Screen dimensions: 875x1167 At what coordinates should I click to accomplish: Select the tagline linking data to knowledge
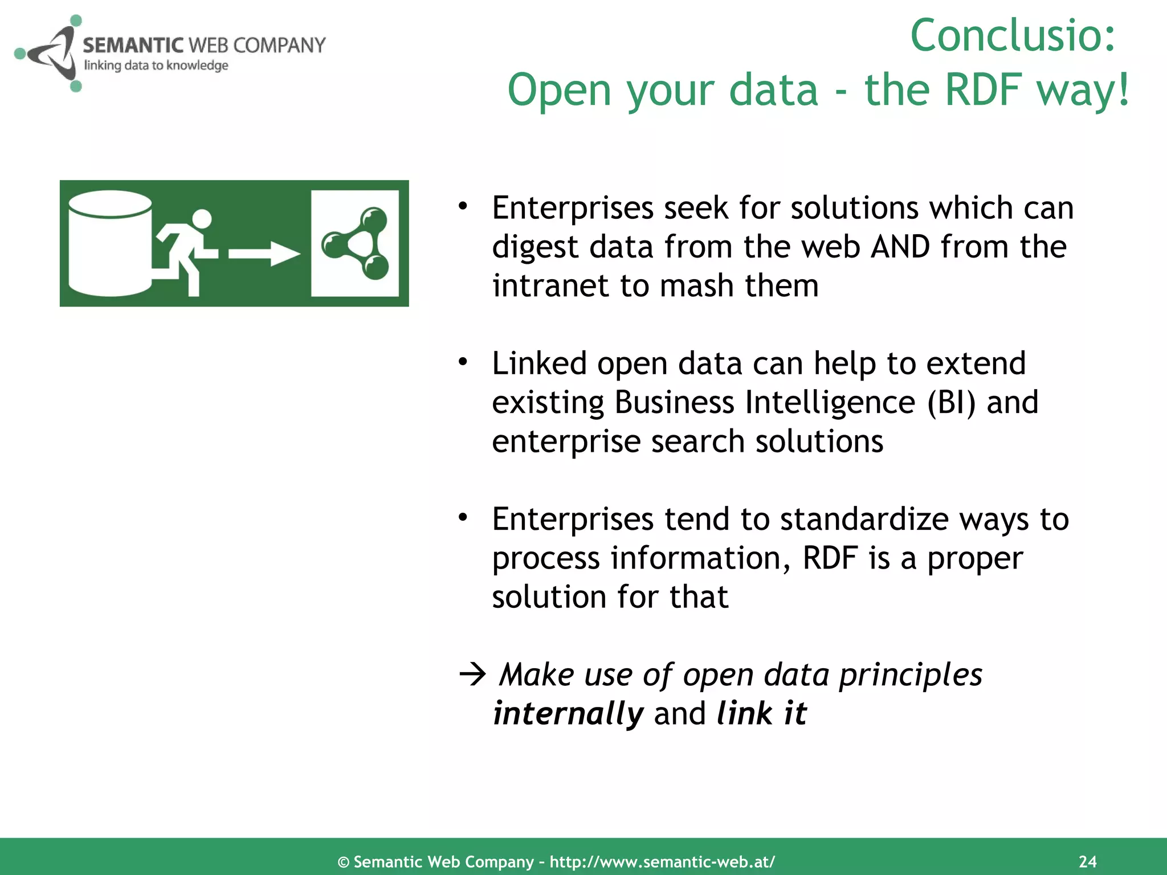tap(156, 66)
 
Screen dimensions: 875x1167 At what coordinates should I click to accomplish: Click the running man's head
tap(202, 219)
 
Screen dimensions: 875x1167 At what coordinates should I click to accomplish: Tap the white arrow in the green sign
tap(264, 254)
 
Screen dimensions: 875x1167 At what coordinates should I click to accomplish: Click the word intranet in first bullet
tap(550, 286)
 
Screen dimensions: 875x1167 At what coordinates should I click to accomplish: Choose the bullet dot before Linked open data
tap(463, 361)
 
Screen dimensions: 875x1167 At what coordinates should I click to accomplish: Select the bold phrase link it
tap(761, 714)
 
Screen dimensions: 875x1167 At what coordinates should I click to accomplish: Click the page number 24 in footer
tap(1087, 861)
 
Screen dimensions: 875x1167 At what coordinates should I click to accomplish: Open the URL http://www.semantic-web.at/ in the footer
tap(662, 862)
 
